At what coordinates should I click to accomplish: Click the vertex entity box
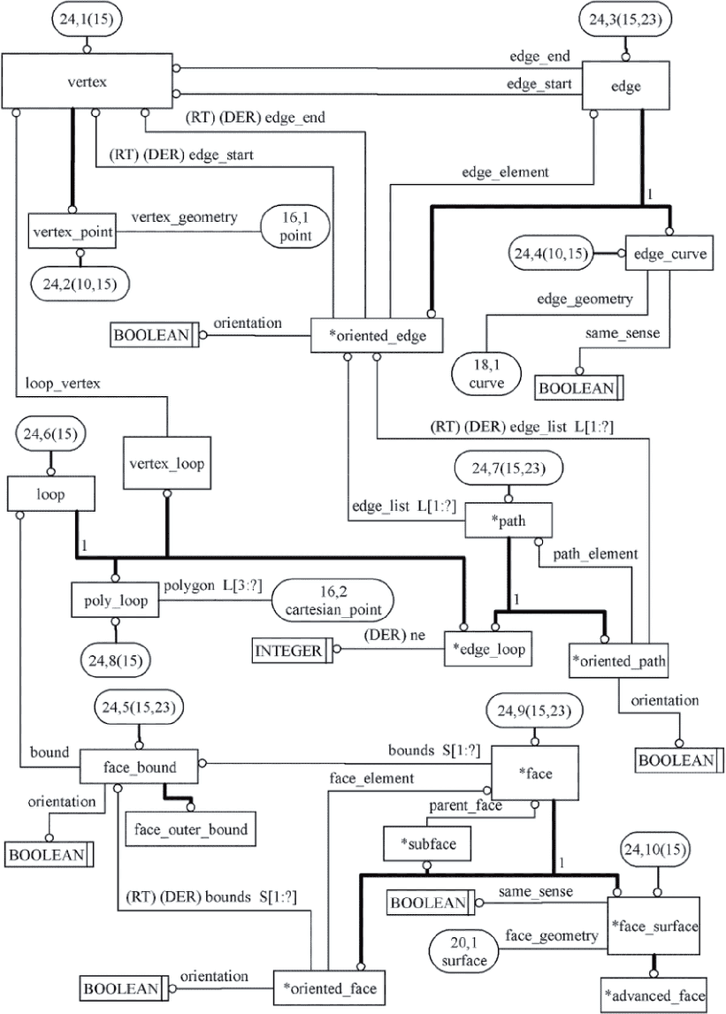(x=87, y=81)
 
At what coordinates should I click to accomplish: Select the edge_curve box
(x=669, y=253)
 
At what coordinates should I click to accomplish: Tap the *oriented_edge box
(x=377, y=335)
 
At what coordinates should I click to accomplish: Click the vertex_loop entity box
(x=167, y=463)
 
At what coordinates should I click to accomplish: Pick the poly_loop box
(x=115, y=599)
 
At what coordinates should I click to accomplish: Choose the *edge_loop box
(x=488, y=649)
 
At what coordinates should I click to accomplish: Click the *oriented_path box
(x=618, y=660)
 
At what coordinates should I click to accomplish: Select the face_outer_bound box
(x=190, y=828)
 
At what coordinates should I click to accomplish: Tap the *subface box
(x=427, y=843)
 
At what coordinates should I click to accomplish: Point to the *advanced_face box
(x=653, y=995)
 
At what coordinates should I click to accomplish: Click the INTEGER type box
(x=292, y=650)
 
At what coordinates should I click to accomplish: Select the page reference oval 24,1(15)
(x=86, y=19)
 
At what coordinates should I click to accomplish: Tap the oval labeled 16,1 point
(x=295, y=226)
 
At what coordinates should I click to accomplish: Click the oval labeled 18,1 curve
(x=486, y=374)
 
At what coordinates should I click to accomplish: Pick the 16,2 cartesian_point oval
(x=332, y=600)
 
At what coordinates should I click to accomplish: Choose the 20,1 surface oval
(x=463, y=951)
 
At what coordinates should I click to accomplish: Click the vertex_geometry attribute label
(x=185, y=217)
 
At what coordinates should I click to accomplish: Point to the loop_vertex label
(x=63, y=384)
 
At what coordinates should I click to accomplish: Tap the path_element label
(x=595, y=553)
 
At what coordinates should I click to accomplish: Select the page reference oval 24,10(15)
(x=655, y=849)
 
